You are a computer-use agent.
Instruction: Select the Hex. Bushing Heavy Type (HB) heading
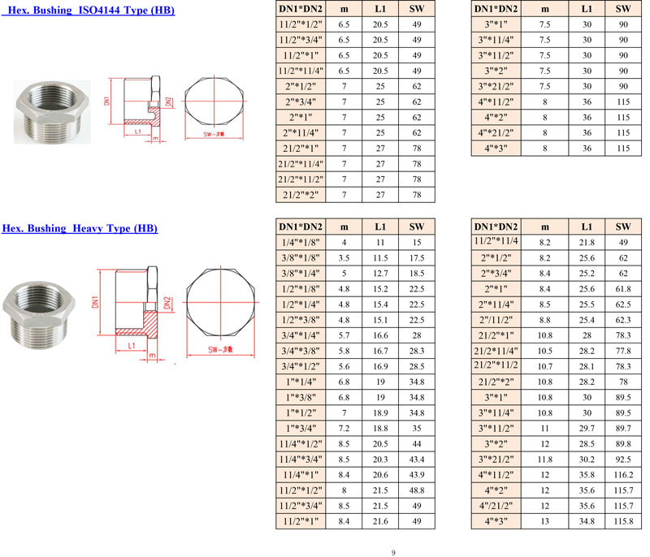80,228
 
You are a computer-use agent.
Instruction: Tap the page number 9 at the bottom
393,552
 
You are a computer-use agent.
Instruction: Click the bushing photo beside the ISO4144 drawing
52,112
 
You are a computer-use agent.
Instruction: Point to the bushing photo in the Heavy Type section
38,315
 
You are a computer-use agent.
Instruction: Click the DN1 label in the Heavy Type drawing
95,302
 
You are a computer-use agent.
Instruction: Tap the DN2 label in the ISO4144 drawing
168,101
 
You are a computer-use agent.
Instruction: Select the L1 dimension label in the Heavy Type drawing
132,346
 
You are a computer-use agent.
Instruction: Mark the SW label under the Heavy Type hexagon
220,349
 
